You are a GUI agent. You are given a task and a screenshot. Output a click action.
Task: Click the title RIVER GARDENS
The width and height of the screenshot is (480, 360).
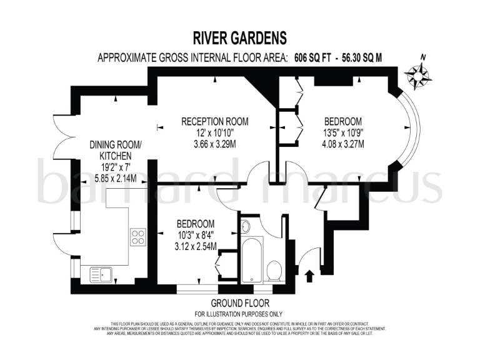pyautogui.click(x=239, y=39)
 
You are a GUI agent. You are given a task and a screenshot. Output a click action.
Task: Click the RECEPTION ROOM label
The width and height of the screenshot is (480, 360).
pyautogui.click(x=214, y=121)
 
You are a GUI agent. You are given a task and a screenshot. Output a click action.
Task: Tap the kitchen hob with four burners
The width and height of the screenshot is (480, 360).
pyautogui.click(x=137, y=237)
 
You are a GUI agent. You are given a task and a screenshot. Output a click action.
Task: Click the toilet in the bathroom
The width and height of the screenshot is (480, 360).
pyautogui.click(x=274, y=271)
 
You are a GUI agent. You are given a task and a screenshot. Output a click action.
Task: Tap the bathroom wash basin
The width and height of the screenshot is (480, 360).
pyautogui.click(x=246, y=226)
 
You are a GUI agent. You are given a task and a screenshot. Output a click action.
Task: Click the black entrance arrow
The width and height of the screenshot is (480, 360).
pyautogui.click(x=307, y=276)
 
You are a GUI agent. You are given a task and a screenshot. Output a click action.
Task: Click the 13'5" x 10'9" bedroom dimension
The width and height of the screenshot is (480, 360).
pyautogui.click(x=343, y=132)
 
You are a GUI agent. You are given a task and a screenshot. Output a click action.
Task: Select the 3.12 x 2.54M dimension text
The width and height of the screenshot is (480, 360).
pyautogui.click(x=196, y=246)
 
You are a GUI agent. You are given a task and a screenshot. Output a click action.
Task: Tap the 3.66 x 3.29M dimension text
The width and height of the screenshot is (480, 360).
pyautogui.click(x=214, y=144)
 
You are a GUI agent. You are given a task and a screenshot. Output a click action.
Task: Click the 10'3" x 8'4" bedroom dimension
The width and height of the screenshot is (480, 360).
pyautogui.click(x=196, y=235)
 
